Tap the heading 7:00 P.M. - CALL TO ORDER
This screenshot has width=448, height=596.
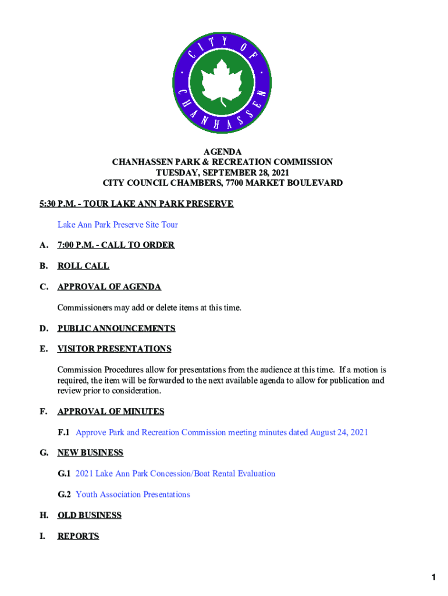116,245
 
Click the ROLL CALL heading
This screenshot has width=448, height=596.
83,266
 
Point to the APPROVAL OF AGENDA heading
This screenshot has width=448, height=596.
109,287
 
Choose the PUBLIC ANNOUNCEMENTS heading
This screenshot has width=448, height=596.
116,328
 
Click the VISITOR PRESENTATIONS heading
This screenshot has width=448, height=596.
114,349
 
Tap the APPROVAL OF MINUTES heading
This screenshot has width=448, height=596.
111,411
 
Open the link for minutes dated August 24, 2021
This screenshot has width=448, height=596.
222,432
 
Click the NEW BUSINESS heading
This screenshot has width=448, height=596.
90,453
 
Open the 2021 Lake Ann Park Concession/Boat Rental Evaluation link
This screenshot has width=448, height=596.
175,474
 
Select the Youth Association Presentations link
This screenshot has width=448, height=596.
133,495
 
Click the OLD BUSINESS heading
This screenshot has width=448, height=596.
89,515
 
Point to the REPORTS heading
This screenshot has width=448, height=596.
78,536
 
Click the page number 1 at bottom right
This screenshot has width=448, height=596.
434,577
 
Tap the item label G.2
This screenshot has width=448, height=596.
64,495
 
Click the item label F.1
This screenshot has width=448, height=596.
63,432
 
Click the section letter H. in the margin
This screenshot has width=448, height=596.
44,515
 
